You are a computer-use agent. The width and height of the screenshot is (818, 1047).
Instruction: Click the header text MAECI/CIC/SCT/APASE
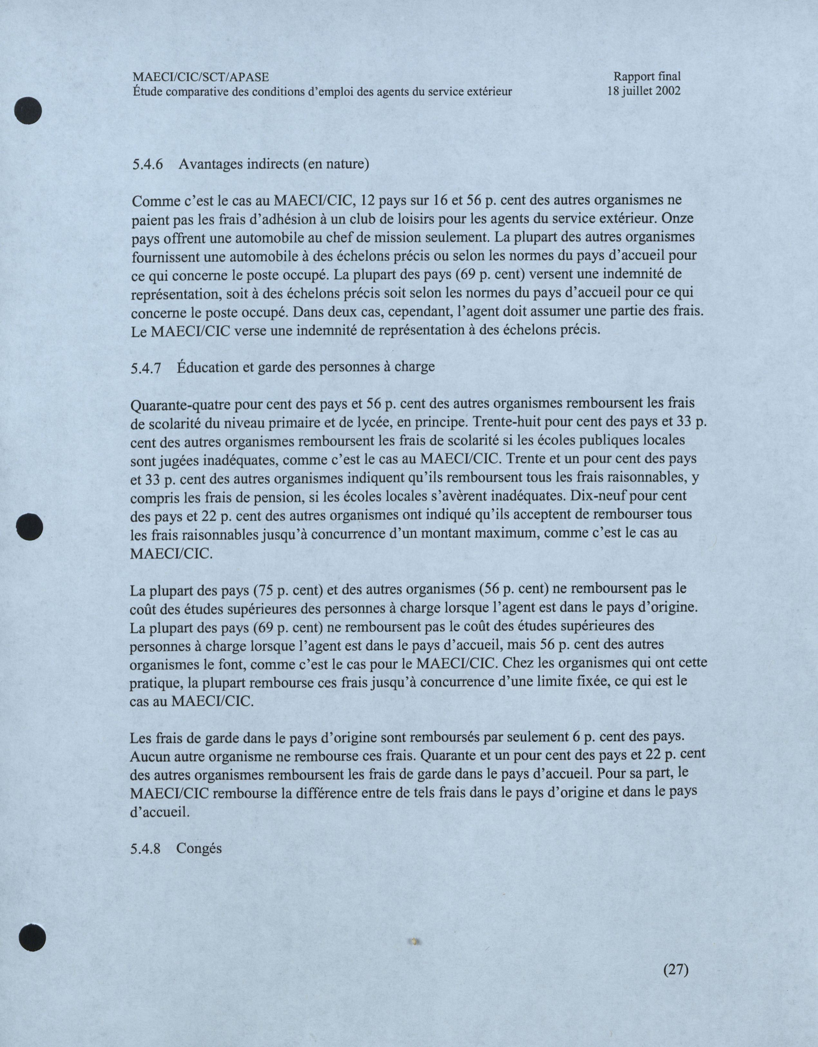click(x=200, y=77)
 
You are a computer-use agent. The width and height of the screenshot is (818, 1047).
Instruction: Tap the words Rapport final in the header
click(x=647, y=76)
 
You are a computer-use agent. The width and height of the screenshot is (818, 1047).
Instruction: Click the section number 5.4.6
click(x=147, y=165)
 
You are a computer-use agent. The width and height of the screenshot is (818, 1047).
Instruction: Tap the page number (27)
click(x=676, y=969)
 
